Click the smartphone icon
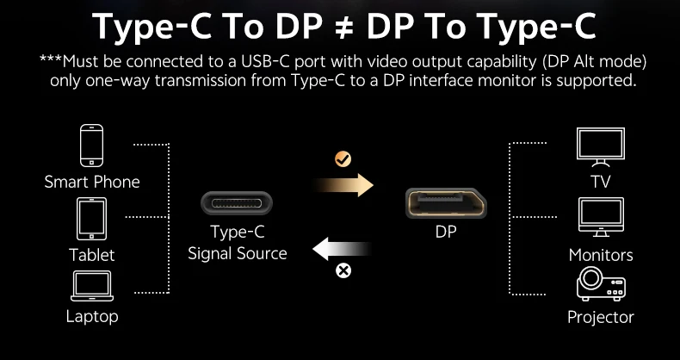point(91,146)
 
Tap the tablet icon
point(91,219)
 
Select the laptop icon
point(92,286)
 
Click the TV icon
point(601,147)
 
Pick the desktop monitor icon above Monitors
point(601,217)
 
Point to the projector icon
point(601,283)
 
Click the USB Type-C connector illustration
point(237,203)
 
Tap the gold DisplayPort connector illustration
point(446,203)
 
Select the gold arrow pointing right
point(343,185)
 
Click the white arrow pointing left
point(343,249)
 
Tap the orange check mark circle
point(343,159)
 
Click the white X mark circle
point(343,270)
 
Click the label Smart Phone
point(92,182)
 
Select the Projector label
point(601,317)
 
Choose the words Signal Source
point(238,253)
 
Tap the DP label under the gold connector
point(446,232)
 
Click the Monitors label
point(601,255)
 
